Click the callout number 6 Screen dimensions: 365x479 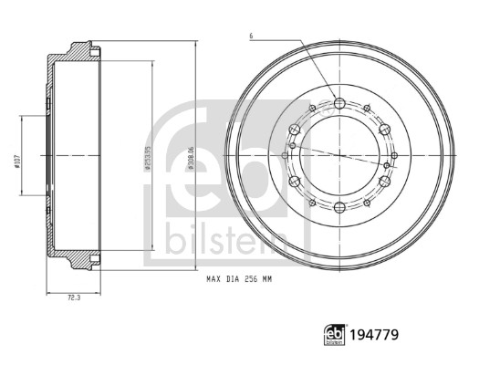pos(249,36)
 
